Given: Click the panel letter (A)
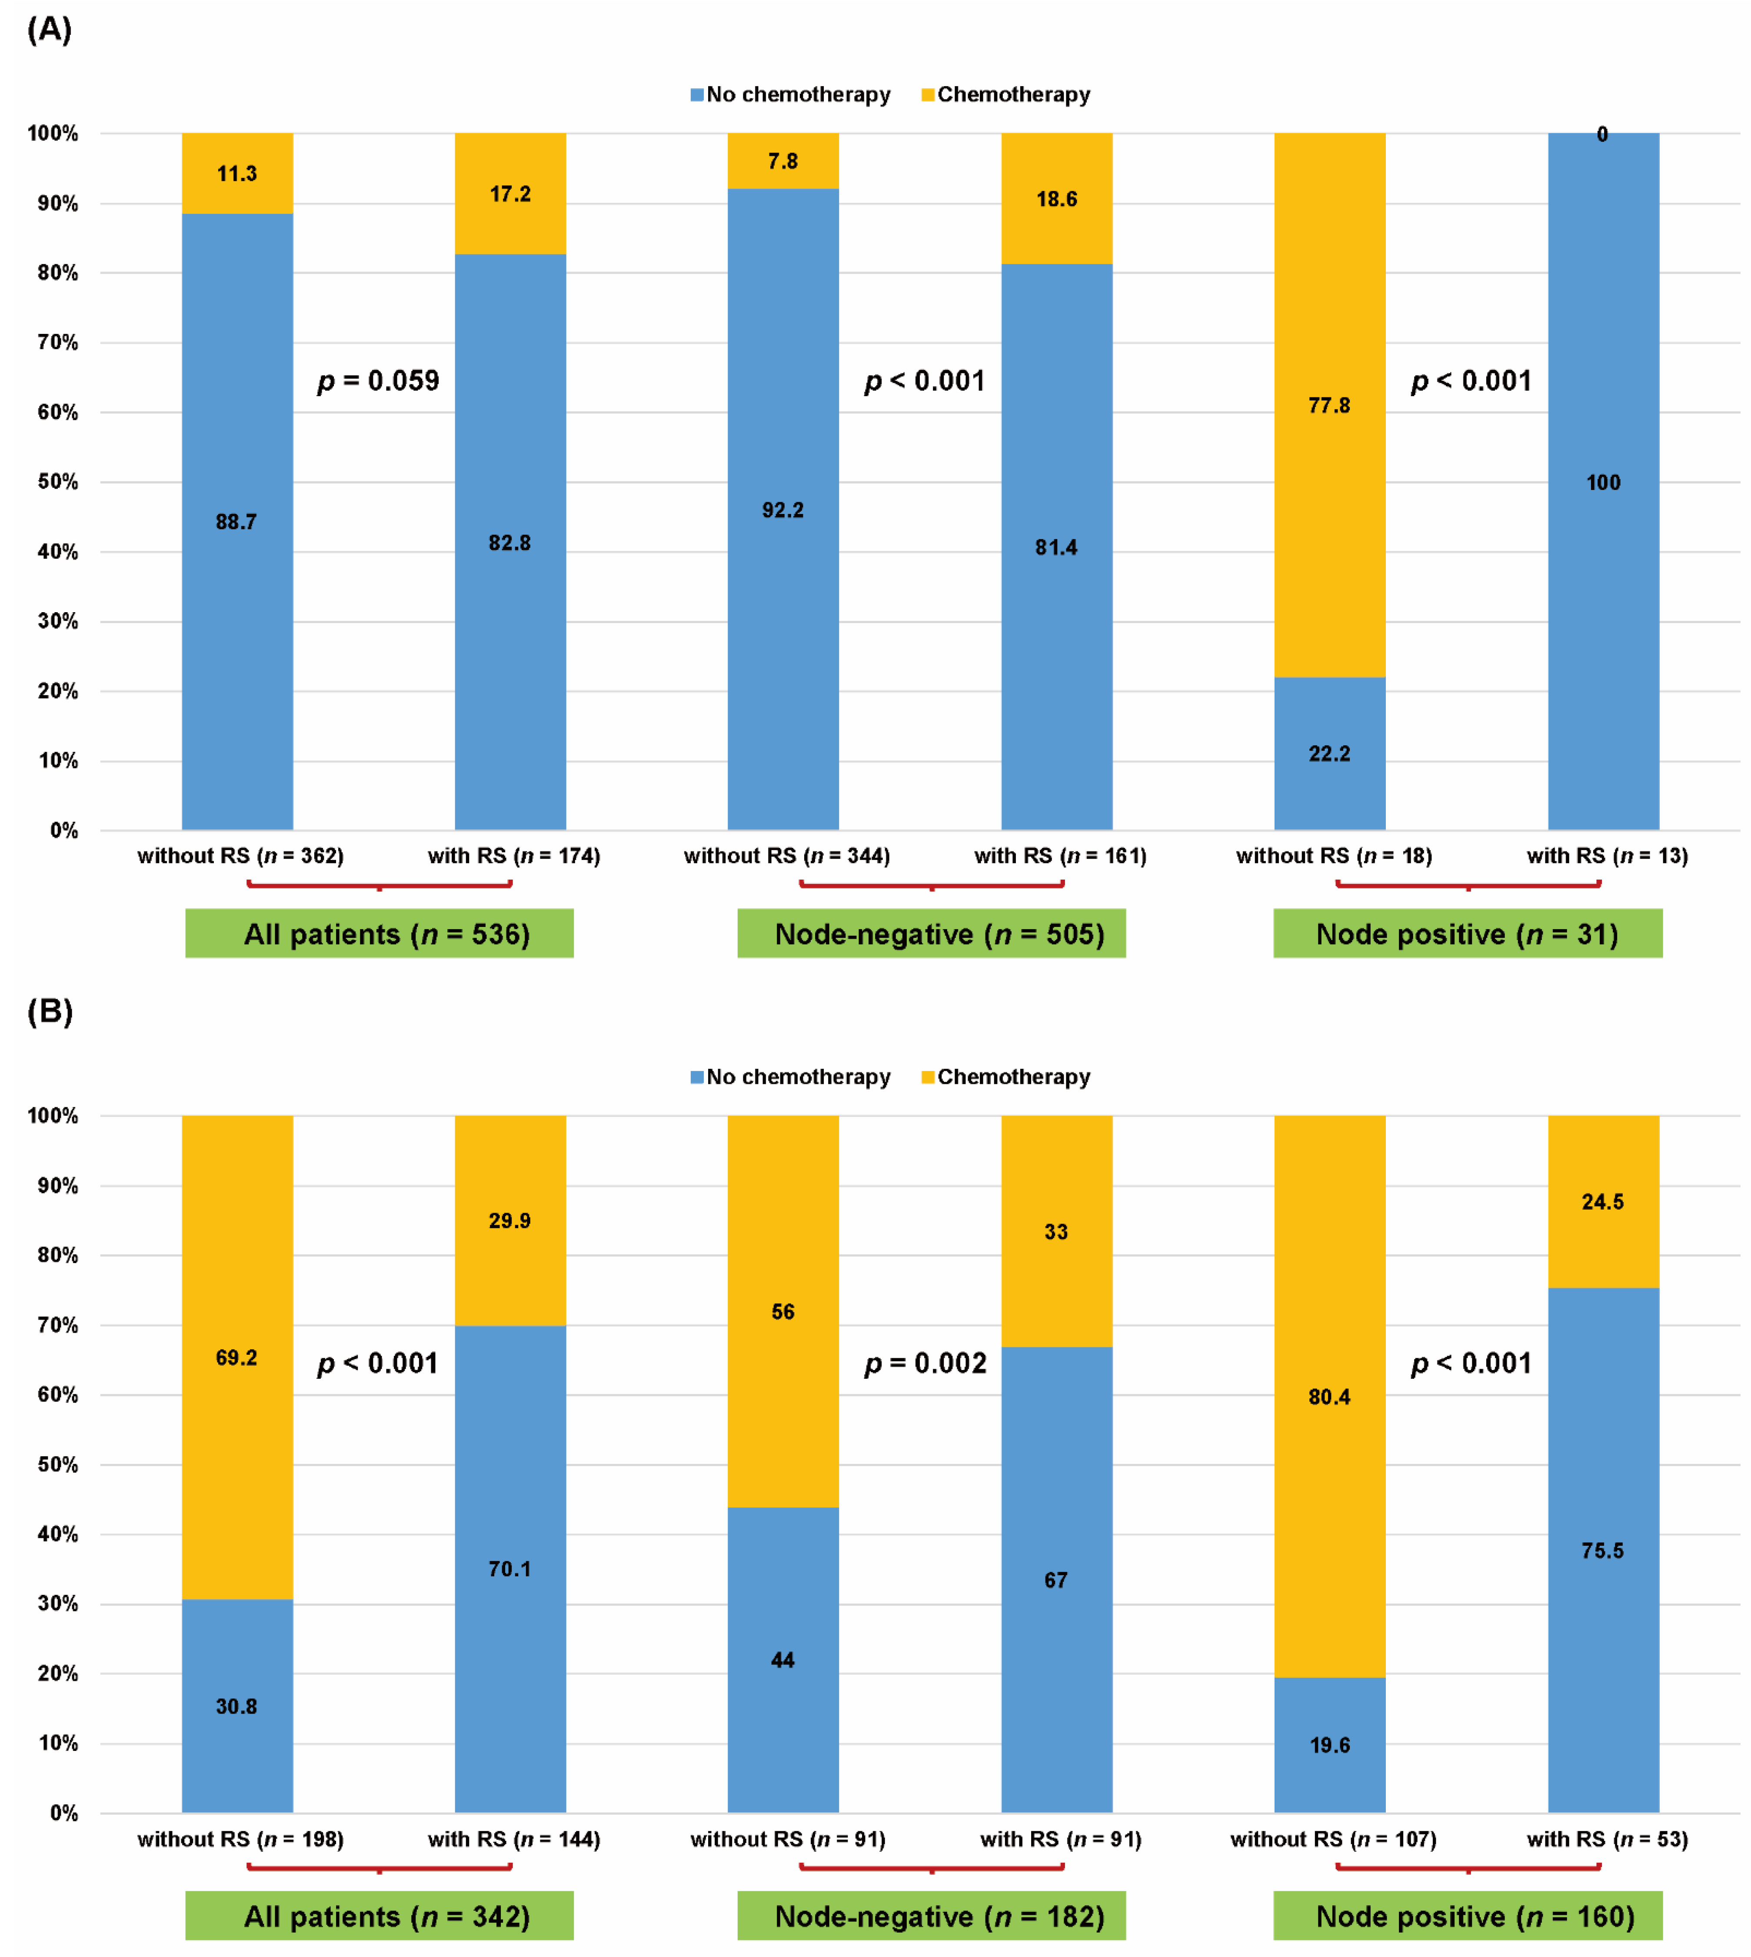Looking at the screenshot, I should pyautogui.click(x=49, y=30).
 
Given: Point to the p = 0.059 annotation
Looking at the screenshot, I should pyautogui.click(x=378, y=381).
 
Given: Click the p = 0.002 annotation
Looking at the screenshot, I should pyautogui.click(x=925, y=1364).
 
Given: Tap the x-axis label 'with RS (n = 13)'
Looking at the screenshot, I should pyautogui.click(x=1607, y=855).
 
